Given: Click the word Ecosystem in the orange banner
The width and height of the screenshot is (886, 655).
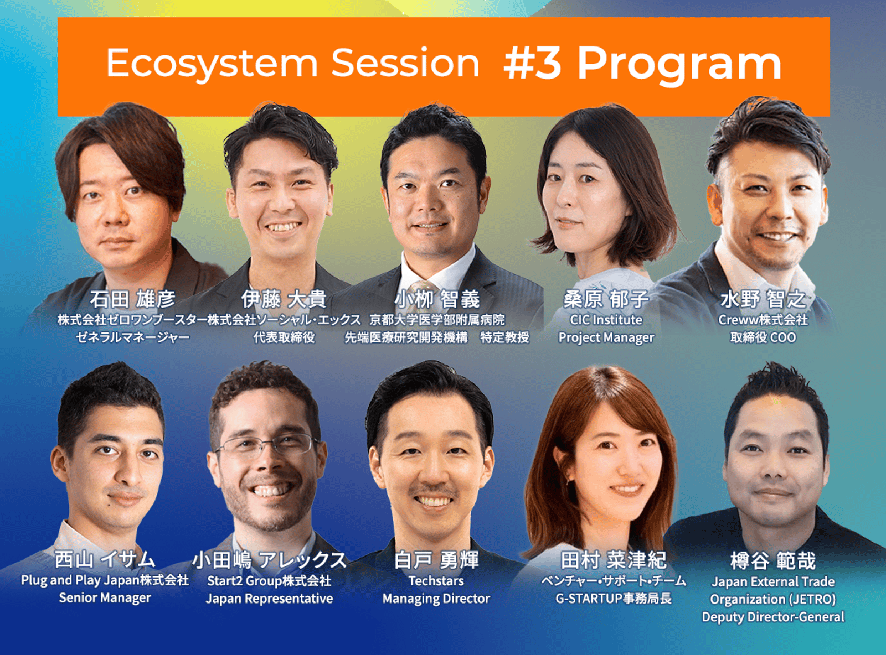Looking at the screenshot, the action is [212, 64].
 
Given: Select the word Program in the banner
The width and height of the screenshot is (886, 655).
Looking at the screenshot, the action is [679, 65].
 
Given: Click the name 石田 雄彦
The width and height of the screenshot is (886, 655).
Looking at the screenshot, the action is [132, 299].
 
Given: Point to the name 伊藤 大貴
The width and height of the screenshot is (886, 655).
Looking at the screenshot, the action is [284, 299].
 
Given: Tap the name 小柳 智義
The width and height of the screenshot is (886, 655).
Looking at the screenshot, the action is [437, 299].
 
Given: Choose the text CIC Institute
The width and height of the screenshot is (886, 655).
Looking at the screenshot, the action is [606, 320].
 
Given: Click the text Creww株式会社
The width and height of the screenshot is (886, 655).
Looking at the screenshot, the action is [763, 320].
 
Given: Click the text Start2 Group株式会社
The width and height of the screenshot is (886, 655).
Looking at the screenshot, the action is [269, 581].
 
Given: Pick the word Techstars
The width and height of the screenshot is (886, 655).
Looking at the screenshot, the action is [436, 581].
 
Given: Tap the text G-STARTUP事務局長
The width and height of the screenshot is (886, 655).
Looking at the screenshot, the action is [614, 599].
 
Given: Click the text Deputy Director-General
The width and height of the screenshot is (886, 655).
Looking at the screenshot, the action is [773, 617].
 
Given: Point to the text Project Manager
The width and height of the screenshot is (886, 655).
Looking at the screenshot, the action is [606, 337].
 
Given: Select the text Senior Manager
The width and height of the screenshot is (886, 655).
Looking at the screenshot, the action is [105, 598].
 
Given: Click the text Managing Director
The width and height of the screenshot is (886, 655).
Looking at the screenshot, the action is [436, 599].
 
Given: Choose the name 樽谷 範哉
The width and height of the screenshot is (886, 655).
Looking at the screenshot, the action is [773, 560].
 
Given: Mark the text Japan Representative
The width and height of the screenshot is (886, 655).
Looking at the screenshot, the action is [269, 599].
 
